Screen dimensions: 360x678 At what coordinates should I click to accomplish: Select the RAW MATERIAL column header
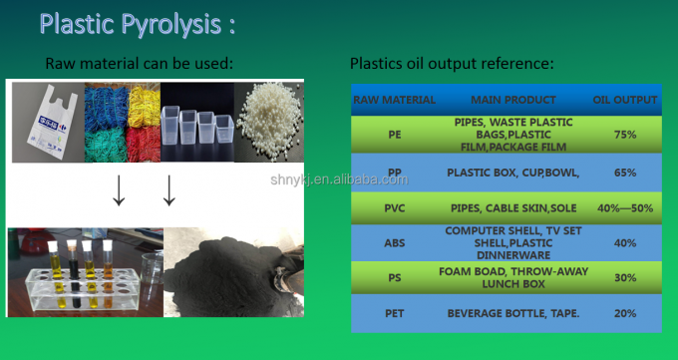394,100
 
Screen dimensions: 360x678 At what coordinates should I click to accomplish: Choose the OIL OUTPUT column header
625,100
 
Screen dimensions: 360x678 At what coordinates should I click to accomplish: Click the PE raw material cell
394,134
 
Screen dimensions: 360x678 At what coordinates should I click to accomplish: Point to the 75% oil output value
625,134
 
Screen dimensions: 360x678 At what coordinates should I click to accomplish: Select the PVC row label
394,207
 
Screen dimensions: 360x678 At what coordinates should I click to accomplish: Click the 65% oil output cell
625,172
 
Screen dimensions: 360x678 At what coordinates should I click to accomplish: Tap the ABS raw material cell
394,242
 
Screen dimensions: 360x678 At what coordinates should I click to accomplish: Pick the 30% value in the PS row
625,277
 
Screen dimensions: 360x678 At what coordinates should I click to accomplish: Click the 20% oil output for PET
625,313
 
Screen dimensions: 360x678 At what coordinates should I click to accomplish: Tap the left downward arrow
119,189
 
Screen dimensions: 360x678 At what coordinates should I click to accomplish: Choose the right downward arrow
169,189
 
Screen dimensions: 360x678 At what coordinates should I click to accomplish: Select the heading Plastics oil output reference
451,65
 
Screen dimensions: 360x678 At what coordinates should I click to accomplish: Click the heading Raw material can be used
139,65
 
